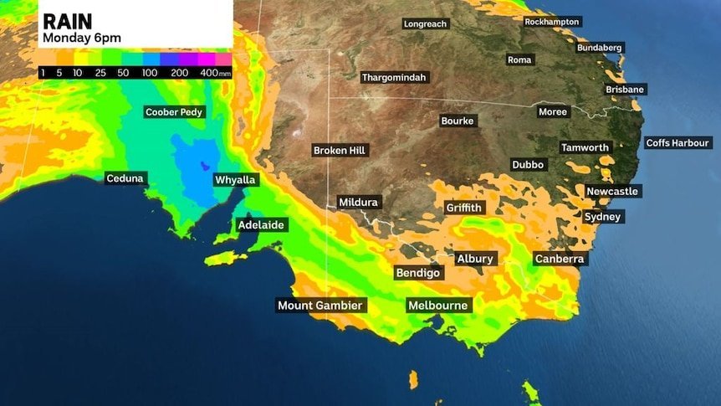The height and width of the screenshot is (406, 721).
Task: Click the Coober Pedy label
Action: pos(174,112)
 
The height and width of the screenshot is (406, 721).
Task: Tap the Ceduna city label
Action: pos(125,178)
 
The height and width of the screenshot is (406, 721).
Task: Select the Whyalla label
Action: pos(235,180)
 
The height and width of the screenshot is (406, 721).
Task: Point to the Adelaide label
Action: pos(262,225)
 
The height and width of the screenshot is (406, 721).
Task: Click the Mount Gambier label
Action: pos(321,306)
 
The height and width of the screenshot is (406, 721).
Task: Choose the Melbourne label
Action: pos(437,306)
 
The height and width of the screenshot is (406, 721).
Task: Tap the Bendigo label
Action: pos(419,273)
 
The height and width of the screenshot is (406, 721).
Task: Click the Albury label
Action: pos(475,259)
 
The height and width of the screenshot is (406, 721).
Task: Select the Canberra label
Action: pos(559,260)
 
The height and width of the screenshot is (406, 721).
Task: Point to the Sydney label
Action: pos(603,217)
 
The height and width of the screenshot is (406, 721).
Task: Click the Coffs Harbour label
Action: pos(678,143)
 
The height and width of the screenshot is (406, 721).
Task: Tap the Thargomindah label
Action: pos(394,78)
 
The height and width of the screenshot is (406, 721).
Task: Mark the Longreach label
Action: pos(425,24)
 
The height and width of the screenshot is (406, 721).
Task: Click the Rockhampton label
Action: pos(552,22)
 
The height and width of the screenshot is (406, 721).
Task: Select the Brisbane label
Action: pos(625,90)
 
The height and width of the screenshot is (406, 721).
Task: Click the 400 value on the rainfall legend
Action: pos(209,74)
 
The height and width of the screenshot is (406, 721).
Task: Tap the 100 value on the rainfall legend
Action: pos(151,74)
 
